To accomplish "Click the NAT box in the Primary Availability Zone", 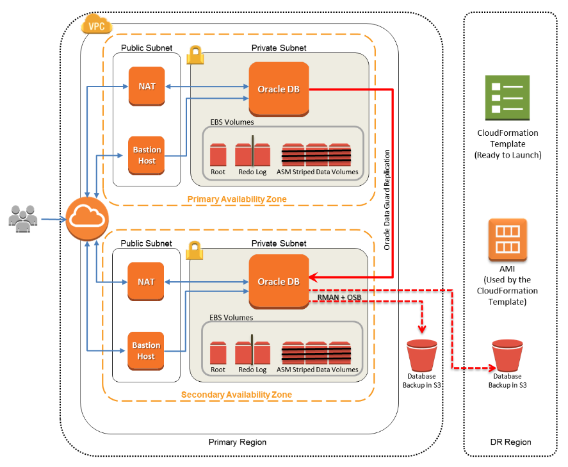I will [x=146, y=86].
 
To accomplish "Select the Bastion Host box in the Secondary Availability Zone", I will [x=146, y=350].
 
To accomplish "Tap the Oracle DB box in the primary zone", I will [x=279, y=88].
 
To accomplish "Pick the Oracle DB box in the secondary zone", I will [x=279, y=281].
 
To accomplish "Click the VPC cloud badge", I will [x=96, y=26].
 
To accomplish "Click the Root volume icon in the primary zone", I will [x=218, y=156].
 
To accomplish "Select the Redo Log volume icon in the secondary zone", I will [x=252, y=353].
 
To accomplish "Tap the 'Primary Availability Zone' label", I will [x=237, y=199].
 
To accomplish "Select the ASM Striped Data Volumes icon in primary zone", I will [x=317, y=156].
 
